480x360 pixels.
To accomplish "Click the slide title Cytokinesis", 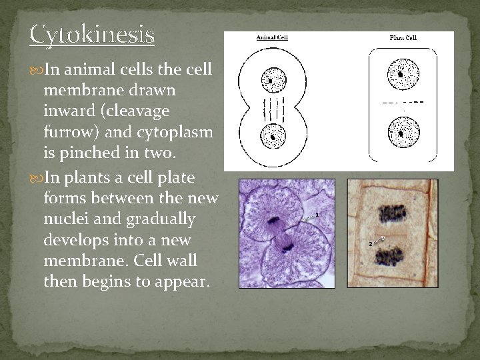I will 92,34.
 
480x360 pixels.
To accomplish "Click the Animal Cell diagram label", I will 273,37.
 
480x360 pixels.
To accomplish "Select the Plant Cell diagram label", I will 403,38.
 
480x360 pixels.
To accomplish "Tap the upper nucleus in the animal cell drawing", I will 272,81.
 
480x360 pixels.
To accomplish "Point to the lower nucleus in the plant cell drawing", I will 402,131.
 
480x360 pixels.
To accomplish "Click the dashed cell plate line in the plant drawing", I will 402,102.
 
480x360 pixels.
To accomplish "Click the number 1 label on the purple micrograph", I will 317,214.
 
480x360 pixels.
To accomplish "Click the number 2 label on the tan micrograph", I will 370,244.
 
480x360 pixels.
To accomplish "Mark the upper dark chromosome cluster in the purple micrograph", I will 273,220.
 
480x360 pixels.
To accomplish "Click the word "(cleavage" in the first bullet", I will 139,111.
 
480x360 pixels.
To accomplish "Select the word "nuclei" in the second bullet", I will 65,219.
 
